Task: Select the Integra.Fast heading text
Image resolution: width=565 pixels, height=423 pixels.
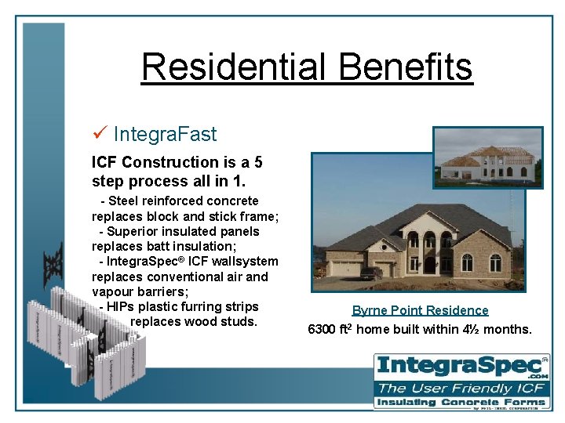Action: [165, 134]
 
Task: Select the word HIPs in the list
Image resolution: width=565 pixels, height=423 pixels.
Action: [120, 306]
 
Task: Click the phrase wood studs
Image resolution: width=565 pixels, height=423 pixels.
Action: [223, 321]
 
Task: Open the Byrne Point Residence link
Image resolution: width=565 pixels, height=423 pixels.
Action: [420, 310]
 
